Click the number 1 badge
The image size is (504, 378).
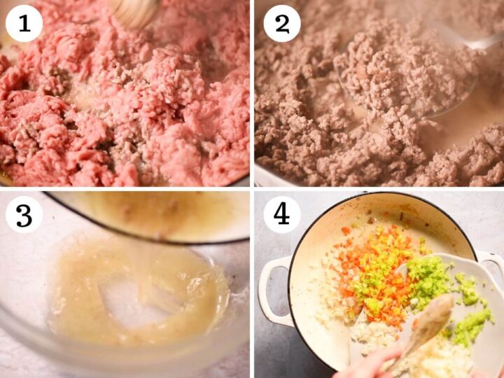click(x=24, y=23)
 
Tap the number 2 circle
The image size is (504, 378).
click(x=282, y=23)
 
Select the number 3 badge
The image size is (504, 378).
click(x=24, y=214)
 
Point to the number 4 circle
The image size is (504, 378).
click(x=282, y=214)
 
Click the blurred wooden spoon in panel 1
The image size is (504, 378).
click(x=135, y=11)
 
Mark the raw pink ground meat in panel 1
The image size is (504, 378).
click(x=125, y=97)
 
